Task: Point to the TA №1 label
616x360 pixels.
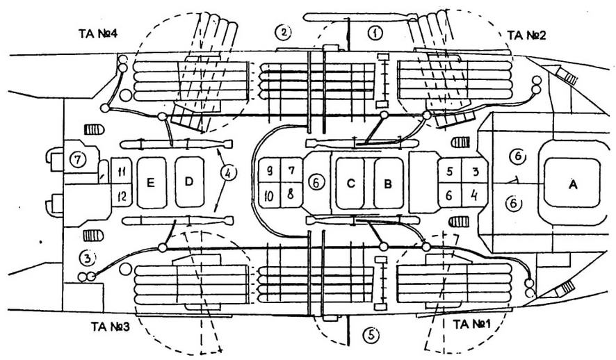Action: point(471,324)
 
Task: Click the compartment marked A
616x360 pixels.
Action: point(572,184)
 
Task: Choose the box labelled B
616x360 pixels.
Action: point(388,183)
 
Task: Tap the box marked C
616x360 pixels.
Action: point(351,183)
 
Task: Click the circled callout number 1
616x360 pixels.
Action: point(375,32)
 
